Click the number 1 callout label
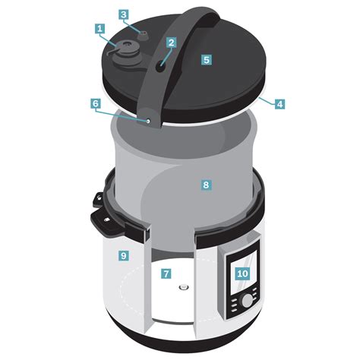click(x=99, y=29)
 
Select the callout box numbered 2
click(x=172, y=43)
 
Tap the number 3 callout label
click(x=125, y=14)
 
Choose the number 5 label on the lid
click(x=205, y=58)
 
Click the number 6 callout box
click(x=95, y=103)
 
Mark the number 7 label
click(x=166, y=273)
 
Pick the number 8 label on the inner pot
click(x=204, y=184)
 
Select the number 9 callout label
click(x=123, y=256)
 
